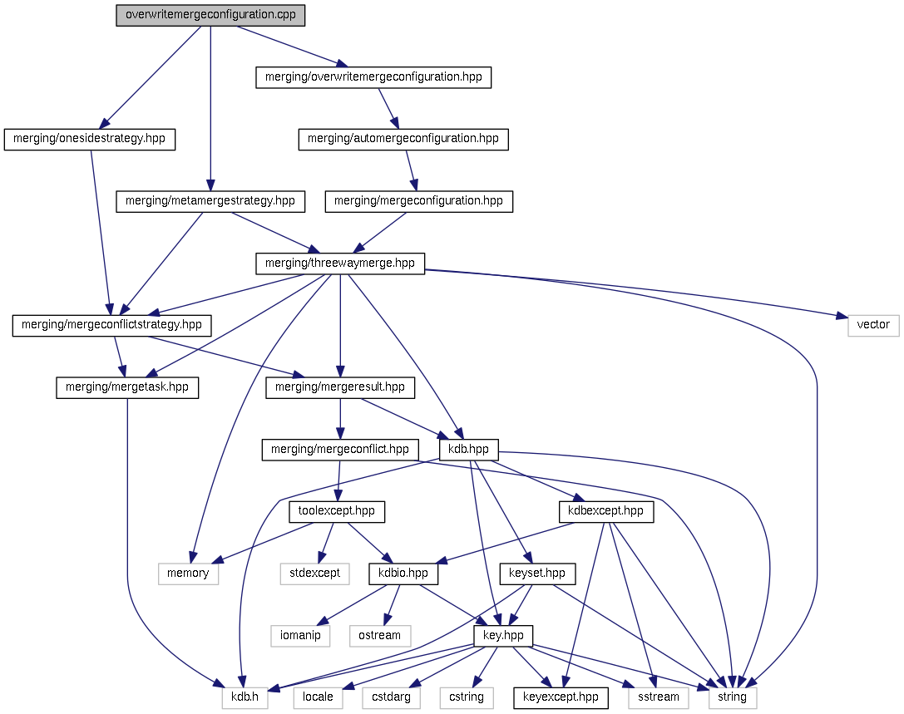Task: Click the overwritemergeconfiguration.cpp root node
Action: click(x=210, y=15)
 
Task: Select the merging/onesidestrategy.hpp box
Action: click(x=90, y=139)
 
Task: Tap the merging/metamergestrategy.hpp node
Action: click(x=210, y=201)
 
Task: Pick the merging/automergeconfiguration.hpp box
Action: click(x=403, y=139)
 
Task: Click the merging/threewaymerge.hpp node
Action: click(x=339, y=263)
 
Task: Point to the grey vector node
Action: click(x=873, y=325)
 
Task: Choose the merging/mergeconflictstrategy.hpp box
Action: click(x=111, y=325)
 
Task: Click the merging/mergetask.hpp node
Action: click(x=127, y=387)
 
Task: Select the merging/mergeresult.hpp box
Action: click(x=339, y=387)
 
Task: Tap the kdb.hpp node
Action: click(x=469, y=450)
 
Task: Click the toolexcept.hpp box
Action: click(x=337, y=511)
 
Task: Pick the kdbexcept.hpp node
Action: click(x=605, y=511)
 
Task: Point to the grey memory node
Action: click(x=188, y=574)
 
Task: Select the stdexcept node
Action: click(x=314, y=574)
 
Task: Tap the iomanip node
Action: click(x=300, y=636)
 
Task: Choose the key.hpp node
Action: click(x=503, y=636)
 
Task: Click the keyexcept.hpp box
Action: click(x=561, y=697)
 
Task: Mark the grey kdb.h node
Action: click(x=245, y=697)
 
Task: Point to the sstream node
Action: click(x=659, y=697)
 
